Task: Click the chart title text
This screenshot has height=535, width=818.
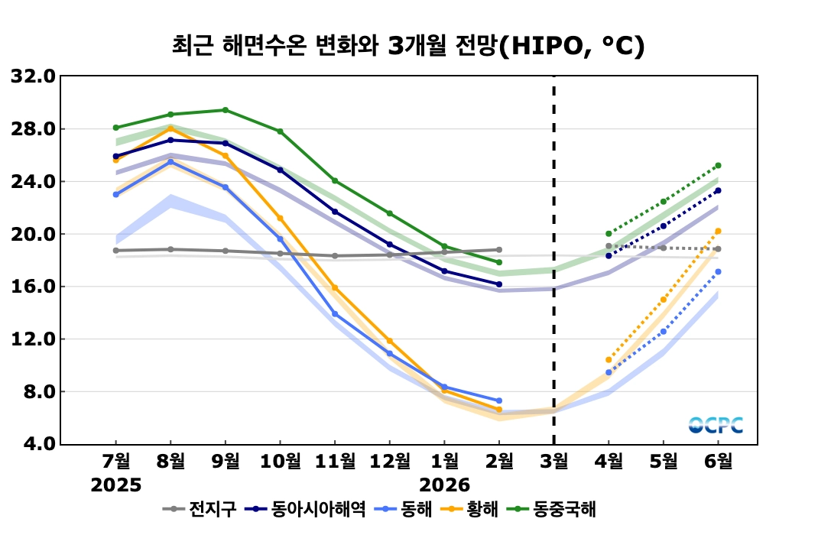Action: tap(408, 45)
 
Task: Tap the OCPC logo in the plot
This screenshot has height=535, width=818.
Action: tap(716, 425)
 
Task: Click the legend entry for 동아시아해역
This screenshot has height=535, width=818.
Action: tap(309, 508)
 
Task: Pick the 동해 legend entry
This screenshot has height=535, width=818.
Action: tap(407, 508)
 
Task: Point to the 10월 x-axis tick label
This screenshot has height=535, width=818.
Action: tap(280, 462)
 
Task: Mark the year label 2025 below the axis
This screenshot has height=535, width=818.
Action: tap(116, 485)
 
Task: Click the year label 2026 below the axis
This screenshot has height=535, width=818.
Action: tap(444, 485)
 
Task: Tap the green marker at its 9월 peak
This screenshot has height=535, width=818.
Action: tap(225, 110)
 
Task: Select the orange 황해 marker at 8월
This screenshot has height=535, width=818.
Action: tap(170, 128)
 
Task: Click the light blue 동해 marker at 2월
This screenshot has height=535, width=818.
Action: tap(498, 400)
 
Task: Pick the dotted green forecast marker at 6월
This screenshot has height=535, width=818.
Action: tap(718, 165)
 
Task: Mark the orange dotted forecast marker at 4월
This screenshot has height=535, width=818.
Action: tap(609, 359)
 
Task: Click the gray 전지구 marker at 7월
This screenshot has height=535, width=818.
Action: tap(116, 250)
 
